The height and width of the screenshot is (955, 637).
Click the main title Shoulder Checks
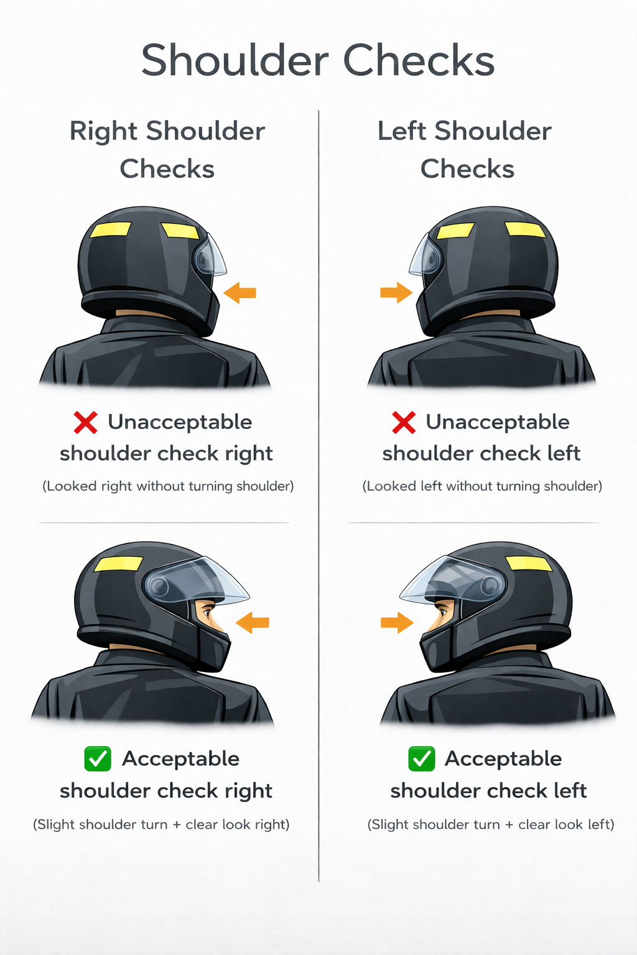[x=318, y=61]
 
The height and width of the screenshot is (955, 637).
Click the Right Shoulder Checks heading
[x=167, y=150]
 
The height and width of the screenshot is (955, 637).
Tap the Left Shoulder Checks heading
[x=465, y=150]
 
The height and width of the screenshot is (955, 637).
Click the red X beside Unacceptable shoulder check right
[x=85, y=422]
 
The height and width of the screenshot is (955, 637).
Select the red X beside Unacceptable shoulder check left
[x=404, y=422]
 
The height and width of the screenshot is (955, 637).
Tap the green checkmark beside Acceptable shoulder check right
[x=98, y=759]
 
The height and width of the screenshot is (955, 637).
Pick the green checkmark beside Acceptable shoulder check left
[x=422, y=759]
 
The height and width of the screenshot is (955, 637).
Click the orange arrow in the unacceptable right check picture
[x=240, y=292]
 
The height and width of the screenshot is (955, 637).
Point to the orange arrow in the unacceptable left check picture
[x=396, y=292]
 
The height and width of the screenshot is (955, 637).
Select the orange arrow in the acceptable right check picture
[x=253, y=622]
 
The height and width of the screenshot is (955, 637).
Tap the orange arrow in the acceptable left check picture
[x=397, y=622]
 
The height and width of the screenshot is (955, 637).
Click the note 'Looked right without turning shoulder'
[x=168, y=486]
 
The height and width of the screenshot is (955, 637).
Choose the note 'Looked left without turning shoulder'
[x=482, y=486]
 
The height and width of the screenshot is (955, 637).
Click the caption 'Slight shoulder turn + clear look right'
[x=161, y=824]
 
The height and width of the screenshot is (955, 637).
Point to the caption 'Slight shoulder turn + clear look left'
[x=491, y=824]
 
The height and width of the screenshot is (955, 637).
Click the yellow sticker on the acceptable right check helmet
[x=118, y=564]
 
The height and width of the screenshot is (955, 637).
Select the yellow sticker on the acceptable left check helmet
[x=529, y=564]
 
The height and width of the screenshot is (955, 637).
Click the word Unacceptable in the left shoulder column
[x=498, y=422]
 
